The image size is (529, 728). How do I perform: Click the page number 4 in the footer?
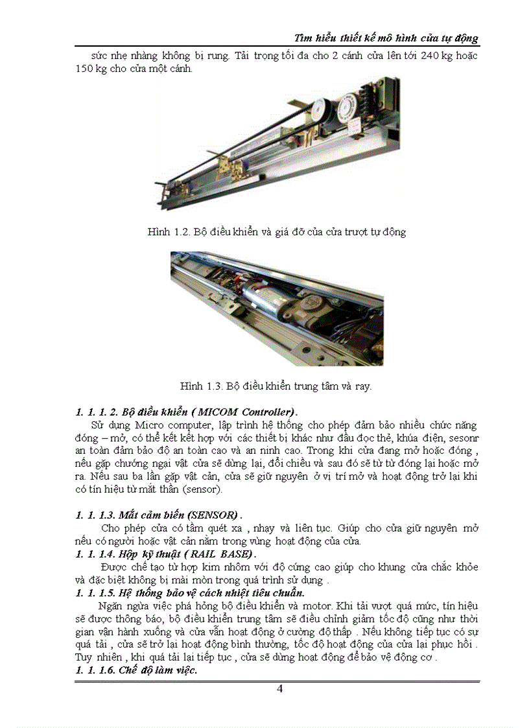(279, 688)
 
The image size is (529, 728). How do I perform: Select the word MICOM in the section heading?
(217, 412)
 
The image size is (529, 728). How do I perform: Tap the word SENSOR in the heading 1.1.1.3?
(211, 515)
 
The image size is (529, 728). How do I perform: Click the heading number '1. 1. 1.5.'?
(95, 593)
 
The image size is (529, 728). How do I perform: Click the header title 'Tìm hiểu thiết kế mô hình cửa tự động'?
(386, 38)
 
